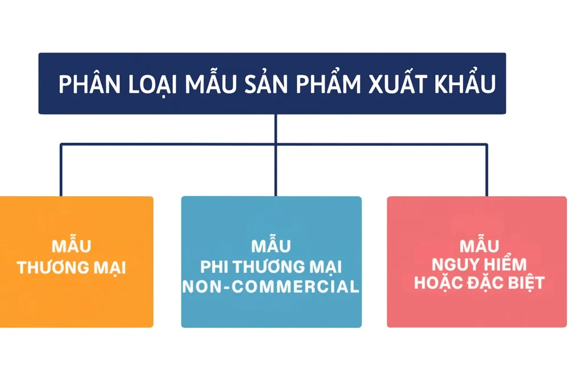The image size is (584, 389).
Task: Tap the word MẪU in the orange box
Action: pos(71,247)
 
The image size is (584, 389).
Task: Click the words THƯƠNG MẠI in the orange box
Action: pos(71,267)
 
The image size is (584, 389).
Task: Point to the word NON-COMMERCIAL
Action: pos(271,286)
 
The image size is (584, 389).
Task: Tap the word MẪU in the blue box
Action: pos(271,247)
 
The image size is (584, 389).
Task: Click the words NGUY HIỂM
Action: pos(479,265)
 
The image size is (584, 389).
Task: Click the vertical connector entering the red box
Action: pos(486,171)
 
